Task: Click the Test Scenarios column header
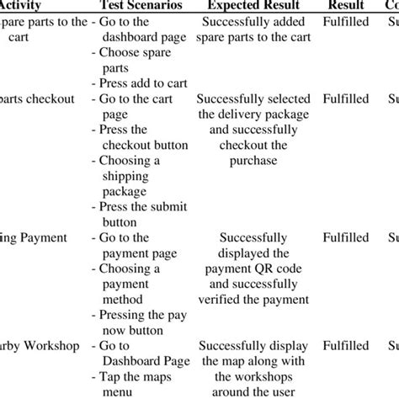(x=136, y=7)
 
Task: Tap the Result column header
(x=345, y=7)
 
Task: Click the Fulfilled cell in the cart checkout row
(x=346, y=99)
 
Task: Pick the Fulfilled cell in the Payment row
(x=346, y=238)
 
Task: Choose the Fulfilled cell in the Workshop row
(x=346, y=345)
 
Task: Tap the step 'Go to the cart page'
(x=135, y=107)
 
